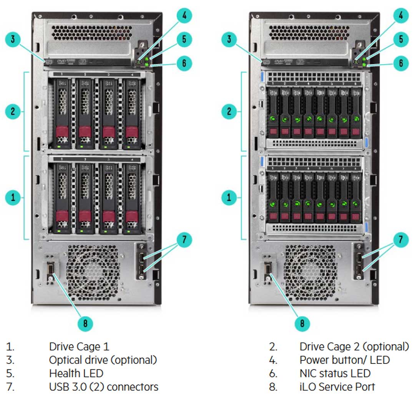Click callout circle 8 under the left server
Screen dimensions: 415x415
(x=85, y=324)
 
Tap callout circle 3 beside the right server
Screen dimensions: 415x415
(x=229, y=39)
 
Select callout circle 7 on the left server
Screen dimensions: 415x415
(x=184, y=240)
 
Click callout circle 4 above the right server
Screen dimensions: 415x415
(x=401, y=15)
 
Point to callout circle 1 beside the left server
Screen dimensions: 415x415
(x=13, y=198)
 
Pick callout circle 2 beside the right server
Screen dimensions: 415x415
(x=229, y=112)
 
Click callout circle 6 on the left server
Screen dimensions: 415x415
(x=184, y=63)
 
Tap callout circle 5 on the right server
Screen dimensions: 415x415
(x=401, y=39)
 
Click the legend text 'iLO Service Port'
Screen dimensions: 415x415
(x=337, y=387)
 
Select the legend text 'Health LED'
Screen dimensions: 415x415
(x=76, y=373)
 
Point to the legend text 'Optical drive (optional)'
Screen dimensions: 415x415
(x=103, y=360)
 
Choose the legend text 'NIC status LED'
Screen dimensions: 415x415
(x=335, y=373)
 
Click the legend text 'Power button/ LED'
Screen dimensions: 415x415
(x=344, y=360)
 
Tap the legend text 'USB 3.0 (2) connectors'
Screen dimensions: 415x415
(x=103, y=387)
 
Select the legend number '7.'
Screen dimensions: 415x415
(x=10, y=387)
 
